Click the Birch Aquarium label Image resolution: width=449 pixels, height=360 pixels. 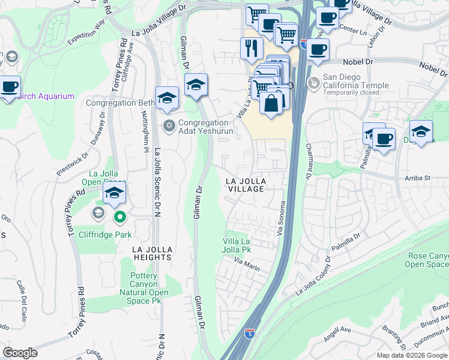46,96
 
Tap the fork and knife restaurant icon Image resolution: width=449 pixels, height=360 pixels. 252,48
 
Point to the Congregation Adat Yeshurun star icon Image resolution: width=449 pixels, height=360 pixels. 169,125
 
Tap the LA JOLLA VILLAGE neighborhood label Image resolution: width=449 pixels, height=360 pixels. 245,185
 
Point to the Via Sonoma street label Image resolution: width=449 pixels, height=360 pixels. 280,218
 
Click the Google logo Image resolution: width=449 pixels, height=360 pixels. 20,353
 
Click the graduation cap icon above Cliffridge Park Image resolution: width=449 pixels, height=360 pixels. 113,193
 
